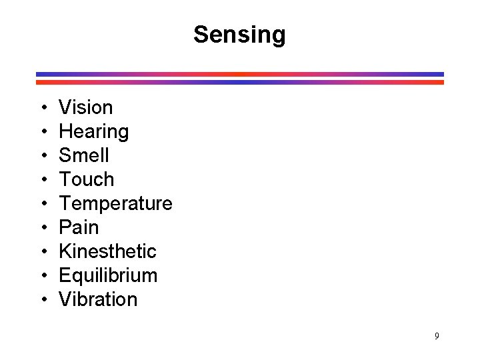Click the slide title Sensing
tap(239, 35)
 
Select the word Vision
tap(86, 107)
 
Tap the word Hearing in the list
tap(94, 131)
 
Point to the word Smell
tap(84, 155)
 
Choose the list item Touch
tap(87, 179)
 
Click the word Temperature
tap(115, 203)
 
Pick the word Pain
tap(79, 227)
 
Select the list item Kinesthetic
tap(107, 251)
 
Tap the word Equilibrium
tap(108, 275)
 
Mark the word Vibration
tap(98, 299)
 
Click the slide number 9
tap(437, 336)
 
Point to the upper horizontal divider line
tap(240, 74)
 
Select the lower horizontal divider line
tap(240, 82)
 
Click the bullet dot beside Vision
tap(42, 108)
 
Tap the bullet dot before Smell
tap(42, 156)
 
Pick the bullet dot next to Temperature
tap(42, 204)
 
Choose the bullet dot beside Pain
tap(42, 228)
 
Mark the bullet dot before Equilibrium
tap(42, 276)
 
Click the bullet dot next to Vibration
tap(42, 300)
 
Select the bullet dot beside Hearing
tap(42, 132)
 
